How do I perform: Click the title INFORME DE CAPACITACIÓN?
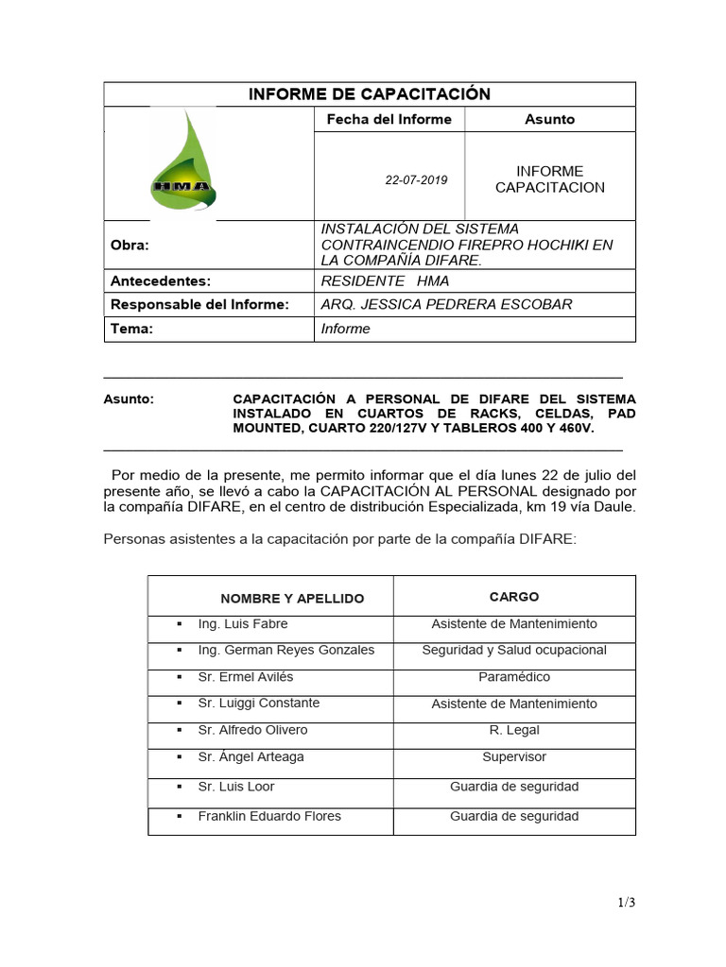pyautogui.click(x=369, y=93)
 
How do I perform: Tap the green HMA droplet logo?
pyautogui.click(x=183, y=162)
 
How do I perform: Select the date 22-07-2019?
pyautogui.click(x=416, y=179)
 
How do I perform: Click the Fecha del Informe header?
pyautogui.click(x=389, y=119)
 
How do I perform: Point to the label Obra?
pyautogui.click(x=130, y=245)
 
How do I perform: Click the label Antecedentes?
pyautogui.click(x=160, y=280)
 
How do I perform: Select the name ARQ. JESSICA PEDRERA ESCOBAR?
pyautogui.click(x=447, y=304)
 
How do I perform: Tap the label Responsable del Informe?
pyautogui.click(x=199, y=304)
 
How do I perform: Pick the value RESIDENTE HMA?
pyautogui.click(x=386, y=280)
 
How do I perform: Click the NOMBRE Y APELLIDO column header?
pyautogui.click(x=292, y=599)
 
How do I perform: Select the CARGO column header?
pyautogui.click(x=514, y=597)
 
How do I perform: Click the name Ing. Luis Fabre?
pyautogui.click(x=243, y=624)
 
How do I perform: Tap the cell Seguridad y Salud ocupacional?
pyautogui.click(x=514, y=650)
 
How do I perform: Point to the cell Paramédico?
pyautogui.click(x=514, y=677)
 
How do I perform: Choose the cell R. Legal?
pyautogui.click(x=514, y=730)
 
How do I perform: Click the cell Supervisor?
pyautogui.click(x=514, y=756)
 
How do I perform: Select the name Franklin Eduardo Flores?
pyautogui.click(x=269, y=816)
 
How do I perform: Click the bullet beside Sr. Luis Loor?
pyautogui.click(x=179, y=787)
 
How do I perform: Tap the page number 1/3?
pyautogui.click(x=626, y=903)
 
